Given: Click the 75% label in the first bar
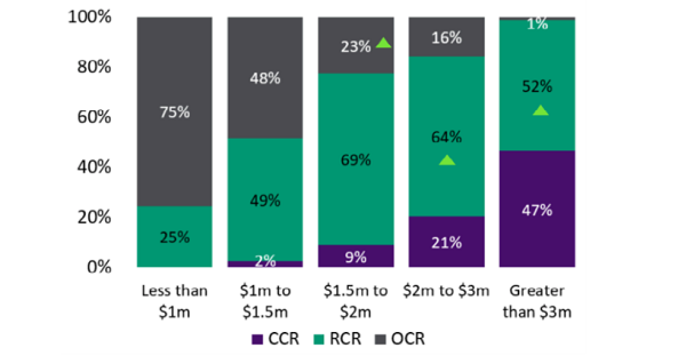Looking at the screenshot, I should coord(174,113).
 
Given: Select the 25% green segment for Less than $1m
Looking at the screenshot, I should coord(174,237).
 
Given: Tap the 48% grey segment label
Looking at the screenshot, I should coord(265,78).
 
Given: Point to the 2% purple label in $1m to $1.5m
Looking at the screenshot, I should coord(265,262).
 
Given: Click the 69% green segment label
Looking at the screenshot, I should coord(356,160).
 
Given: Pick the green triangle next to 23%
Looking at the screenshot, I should coord(383,43).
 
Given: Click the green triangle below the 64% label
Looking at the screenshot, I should coord(447,161).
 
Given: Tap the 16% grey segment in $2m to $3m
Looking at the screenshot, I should coord(446,38).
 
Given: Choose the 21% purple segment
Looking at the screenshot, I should coord(446,242).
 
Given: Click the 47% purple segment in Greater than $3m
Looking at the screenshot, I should coord(537,210).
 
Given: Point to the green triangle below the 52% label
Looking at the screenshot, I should coord(540,111).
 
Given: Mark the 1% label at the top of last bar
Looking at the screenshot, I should coord(537,24).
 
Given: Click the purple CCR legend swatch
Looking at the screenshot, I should coord(257,339).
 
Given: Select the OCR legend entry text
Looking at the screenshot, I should coord(408,339).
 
